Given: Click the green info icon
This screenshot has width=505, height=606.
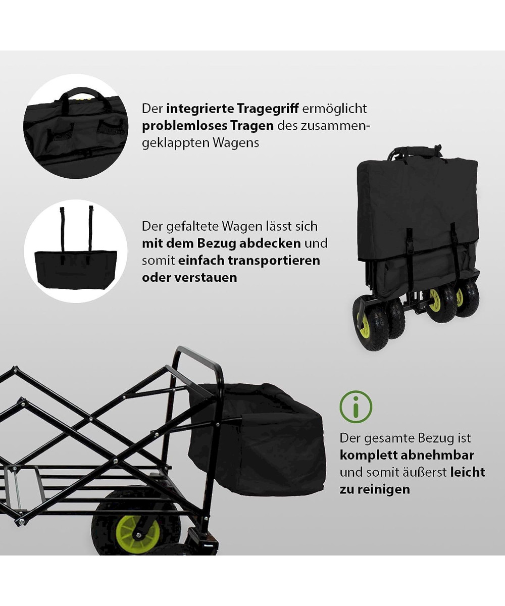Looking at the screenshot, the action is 356,407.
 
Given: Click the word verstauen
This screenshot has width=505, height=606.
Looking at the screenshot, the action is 206,277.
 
